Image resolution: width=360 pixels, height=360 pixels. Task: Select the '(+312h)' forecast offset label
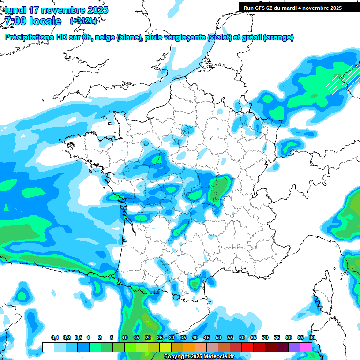click(x=83, y=21)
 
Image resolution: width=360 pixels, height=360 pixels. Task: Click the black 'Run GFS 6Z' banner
click(x=299, y=7)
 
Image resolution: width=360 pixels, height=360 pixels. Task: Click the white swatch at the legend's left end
click(x=48, y=347)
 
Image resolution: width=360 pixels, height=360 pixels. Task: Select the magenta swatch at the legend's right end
click(x=306, y=347)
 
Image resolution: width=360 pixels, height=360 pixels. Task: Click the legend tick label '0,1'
click(x=55, y=338)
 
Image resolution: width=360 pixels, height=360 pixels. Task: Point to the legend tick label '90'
click(x=312, y=338)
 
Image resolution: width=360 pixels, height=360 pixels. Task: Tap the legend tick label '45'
click(x=207, y=338)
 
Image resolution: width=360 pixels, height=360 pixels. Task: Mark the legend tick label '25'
click(x=160, y=338)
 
